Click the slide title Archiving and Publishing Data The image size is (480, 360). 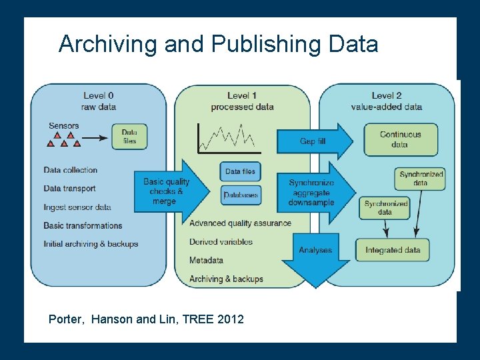coord(218,44)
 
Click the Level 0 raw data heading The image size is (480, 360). coord(98,101)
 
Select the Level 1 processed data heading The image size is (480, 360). coord(242,101)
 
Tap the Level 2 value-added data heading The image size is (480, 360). coord(387,101)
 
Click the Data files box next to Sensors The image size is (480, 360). coord(129,137)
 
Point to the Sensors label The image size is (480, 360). coord(64,125)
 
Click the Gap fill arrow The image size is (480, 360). coord(314,141)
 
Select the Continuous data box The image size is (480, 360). coord(400,139)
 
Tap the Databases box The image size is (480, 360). coord(240,195)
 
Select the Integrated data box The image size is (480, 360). coord(393,250)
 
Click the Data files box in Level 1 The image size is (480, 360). coord(240,171)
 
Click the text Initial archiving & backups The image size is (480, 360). coord(91,244)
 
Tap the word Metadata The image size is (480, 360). coord(206,260)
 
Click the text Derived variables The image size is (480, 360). coord(221,241)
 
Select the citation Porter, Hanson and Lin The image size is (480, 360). coord(146,319)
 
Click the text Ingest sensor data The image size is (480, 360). coord(77,207)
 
